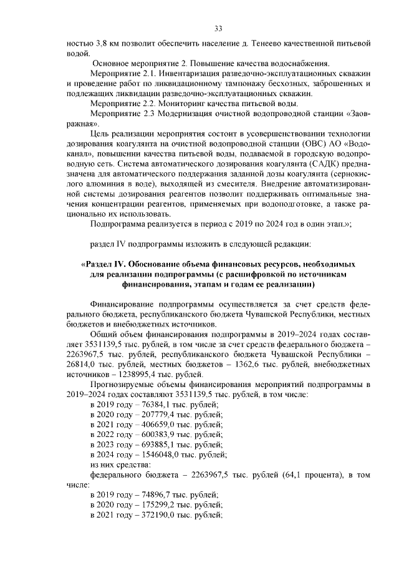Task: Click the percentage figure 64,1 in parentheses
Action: (272, 474)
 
